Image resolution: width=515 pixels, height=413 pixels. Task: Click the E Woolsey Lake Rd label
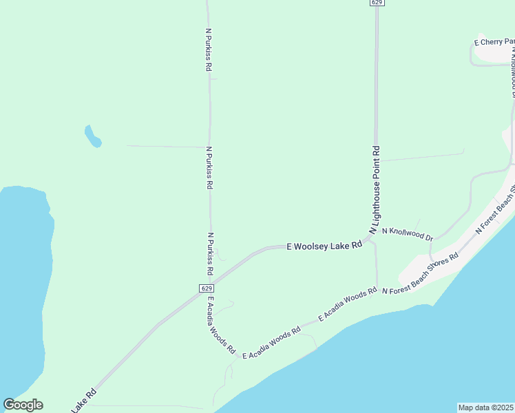coord(324,245)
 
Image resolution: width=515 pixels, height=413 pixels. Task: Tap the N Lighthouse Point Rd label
coord(376,190)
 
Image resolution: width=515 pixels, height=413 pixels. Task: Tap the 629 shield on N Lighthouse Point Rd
coord(376,3)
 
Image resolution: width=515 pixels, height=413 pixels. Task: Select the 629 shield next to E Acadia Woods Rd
coord(206,288)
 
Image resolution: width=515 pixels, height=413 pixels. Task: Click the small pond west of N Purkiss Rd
coord(92,136)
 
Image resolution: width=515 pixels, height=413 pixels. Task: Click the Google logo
coord(23,405)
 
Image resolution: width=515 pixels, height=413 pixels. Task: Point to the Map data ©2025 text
coord(486,407)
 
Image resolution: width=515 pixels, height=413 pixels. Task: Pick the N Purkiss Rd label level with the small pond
coord(209,167)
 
